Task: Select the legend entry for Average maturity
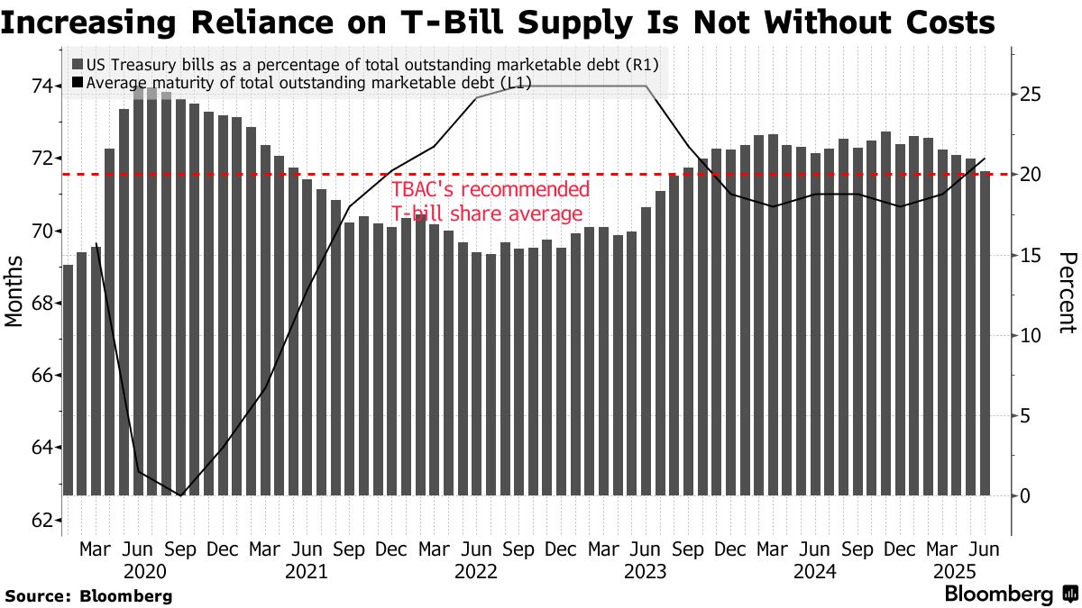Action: [x=307, y=83]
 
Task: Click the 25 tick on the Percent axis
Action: [x=1032, y=95]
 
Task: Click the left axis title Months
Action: [x=15, y=290]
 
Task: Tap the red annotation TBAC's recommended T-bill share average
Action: [x=491, y=202]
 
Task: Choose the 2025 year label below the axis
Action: [x=957, y=571]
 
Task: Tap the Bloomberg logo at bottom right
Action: [x=1010, y=594]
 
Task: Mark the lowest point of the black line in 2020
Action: [x=181, y=495]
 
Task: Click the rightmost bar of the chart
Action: [x=985, y=333]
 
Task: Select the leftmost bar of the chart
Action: [x=68, y=379]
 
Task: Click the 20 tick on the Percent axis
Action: [x=1032, y=174]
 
